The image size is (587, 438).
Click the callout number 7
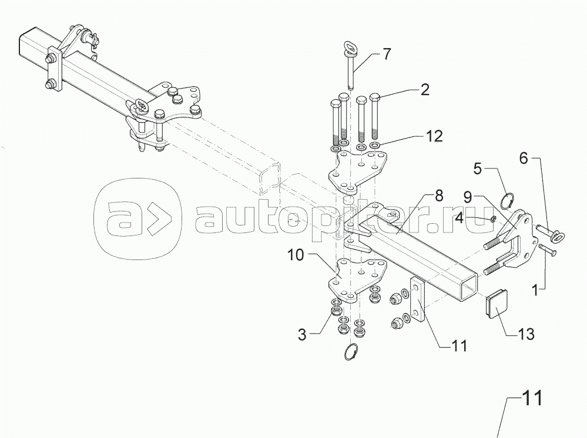386,55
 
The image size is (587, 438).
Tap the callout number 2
424,90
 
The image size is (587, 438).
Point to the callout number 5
478,169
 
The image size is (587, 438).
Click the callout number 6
524,159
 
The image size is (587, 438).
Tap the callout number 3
302,335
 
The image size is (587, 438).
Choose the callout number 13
525,335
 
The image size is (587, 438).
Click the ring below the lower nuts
351,352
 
